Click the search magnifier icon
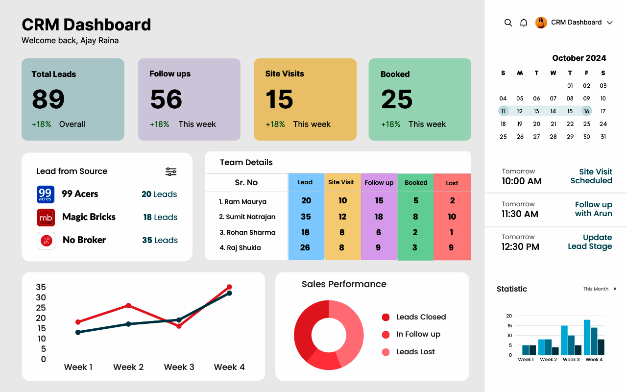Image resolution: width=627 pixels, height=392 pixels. click(508, 23)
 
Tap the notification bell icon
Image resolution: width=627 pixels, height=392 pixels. click(524, 23)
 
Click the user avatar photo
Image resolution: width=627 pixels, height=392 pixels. click(541, 23)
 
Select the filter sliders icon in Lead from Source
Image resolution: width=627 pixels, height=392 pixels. click(171, 171)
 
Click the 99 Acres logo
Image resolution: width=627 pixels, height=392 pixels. click(46, 194)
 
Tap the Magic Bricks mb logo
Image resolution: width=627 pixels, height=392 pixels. click(46, 217)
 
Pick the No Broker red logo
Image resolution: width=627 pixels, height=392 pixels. click(47, 241)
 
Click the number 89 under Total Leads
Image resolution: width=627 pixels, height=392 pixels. click(48, 99)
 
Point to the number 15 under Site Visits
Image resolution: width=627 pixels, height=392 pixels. click(279, 99)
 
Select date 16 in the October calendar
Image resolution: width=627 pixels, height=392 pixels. click(586, 111)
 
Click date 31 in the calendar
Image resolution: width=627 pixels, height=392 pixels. click(603, 137)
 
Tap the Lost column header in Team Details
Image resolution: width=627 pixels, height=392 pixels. click(452, 183)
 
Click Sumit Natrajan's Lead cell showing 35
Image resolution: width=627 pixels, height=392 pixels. click(306, 217)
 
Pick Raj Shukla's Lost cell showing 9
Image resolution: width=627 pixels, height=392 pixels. click(451, 248)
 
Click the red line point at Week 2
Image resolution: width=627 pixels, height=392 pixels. click(128, 305)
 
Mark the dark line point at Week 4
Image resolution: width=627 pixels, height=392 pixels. click(229, 293)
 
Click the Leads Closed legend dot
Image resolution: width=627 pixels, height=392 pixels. click(386, 318)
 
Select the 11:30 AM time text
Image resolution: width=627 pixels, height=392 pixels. click(520, 214)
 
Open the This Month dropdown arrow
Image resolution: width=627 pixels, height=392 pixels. click(615, 289)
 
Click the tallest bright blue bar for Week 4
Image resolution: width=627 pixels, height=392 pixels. click(587, 337)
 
